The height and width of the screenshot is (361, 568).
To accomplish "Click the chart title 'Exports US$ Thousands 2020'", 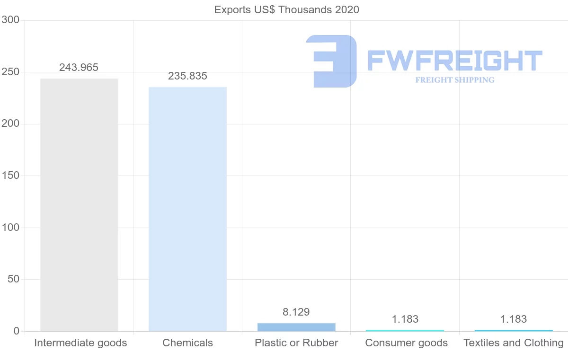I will pyautogui.click(x=286, y=9).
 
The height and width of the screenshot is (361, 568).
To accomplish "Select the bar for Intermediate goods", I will pyautogui.click(x=79, y=204).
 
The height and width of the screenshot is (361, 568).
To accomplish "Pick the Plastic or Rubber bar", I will pyautogui.click(x=296, y=327).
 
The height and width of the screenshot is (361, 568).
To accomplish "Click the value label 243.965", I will pyautogui.click(x=79, y=67).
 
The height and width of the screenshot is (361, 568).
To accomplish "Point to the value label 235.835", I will pyautogui.click(x=187, y=76).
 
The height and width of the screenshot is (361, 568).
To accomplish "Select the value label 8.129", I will pyautogui.click(x=296, y=312).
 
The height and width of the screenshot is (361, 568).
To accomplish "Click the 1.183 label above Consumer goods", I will pyautogui.click(x=405, y=319).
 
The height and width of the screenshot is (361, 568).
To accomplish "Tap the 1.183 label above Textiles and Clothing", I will pyautogui.click(x=514, y=319).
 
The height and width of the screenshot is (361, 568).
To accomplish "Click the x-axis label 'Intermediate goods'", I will pyautogui.click(x=80, y=343).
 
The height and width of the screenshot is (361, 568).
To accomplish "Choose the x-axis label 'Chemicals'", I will pyautogui.click(x=187, y=343).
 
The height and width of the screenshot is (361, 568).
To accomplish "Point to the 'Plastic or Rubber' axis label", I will pyautogui.click(x=296, y=343).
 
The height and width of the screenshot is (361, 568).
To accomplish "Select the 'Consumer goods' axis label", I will pyautogui.click(x=406, y=343).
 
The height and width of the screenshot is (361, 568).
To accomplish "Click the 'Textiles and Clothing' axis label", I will pyautogui.click(x=514, y=343).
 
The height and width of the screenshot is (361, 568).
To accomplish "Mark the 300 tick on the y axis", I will pyautogui.click(x=10, y=20).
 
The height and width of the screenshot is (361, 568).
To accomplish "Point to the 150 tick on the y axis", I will pyautogui.click(x=10, y=176).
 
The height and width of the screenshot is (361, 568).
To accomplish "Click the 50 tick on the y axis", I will pyautogui.click(x=13, y=279).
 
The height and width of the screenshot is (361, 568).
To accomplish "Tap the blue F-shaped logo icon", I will pyautogui.click(x=331, y=61).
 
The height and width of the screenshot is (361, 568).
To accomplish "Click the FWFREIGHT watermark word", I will pyautogui.click(x=454, y=61).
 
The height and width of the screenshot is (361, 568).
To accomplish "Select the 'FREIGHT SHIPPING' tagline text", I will pyautogui.click(x=455, y=80).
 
